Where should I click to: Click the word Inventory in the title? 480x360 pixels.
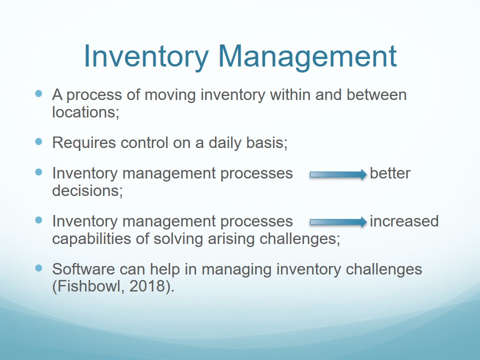click(x=146, y=57)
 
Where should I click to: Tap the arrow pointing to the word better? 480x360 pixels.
click(x=338, y=174)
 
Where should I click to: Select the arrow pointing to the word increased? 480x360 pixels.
click(x=338, y=222)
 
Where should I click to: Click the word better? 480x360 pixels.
click(x=390, y=173)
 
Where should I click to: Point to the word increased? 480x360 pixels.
click(x=404, y=221)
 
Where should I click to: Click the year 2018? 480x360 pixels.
click(x=147, y=286)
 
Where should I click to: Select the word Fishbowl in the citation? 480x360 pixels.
click(x=90, y=286)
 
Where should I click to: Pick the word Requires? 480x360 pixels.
click(x=84, y=143)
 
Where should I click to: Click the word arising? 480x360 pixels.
click(x=231, y=239)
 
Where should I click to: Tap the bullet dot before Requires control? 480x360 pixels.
click(x=38, y=141)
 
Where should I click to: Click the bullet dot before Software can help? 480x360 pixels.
click(x=38, y=268)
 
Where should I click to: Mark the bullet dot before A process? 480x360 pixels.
click(x=38, y=93)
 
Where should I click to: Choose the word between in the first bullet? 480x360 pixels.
click(x=376, y=94)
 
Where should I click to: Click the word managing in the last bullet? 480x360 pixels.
click(x=236, y=269)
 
